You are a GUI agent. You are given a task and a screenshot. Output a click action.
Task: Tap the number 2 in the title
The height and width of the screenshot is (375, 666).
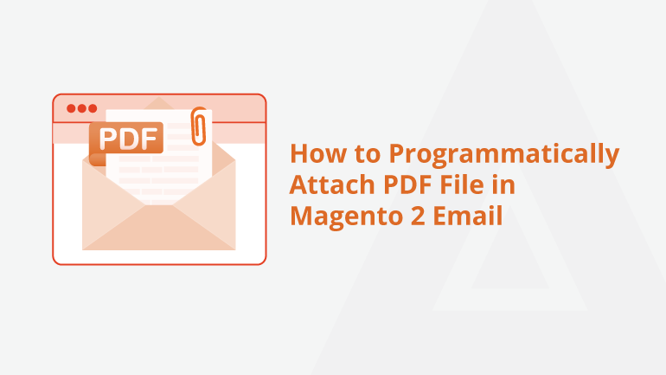point(418,216)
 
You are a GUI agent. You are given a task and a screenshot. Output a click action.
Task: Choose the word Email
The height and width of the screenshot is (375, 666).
point(468,215)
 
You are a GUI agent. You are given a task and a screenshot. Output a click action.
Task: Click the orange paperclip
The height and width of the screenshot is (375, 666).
point(199,126)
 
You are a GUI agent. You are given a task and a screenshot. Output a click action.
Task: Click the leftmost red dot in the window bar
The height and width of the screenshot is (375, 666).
point(71,108)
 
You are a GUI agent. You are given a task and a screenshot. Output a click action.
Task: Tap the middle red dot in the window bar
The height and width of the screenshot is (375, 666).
point(82,108)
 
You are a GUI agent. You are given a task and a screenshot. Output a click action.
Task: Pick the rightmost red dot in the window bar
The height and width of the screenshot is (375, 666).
point(93,108)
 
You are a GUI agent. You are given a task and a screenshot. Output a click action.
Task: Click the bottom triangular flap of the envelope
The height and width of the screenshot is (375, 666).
point(159,232)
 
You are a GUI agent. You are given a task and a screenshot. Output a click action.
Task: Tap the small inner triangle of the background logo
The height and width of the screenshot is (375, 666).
point(510,255)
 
